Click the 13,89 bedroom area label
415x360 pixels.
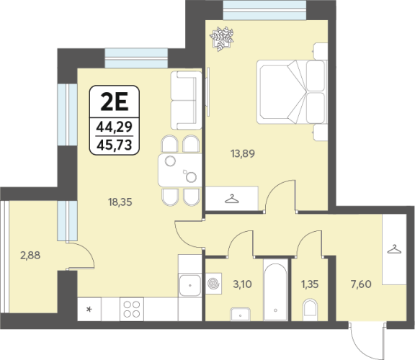coord(243,153)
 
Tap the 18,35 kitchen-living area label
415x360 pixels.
coord(120,202)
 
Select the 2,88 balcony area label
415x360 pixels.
coord(30,256)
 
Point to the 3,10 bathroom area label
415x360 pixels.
coord(242,284)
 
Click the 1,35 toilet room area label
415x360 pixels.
coord(310,284)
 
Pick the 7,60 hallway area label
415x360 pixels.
coord(361,284)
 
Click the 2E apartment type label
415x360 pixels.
coord(115,102)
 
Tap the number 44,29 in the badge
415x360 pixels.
coord(115,127)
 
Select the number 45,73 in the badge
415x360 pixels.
coord(115,145)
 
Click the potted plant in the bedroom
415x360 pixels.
coord(222,38)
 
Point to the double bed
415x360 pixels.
coord(292,91)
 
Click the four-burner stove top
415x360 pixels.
coord(132,309)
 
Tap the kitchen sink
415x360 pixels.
coord(189,285)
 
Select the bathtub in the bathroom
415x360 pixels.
coord(275,290)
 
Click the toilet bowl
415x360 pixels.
coord(310,310)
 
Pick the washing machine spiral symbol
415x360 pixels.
coord(213,284)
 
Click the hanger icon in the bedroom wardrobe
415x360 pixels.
coord(231,199)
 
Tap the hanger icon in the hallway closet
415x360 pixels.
coord(394,249)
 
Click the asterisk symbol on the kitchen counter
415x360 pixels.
coord(89,309)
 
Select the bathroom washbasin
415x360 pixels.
coord(241,314)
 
